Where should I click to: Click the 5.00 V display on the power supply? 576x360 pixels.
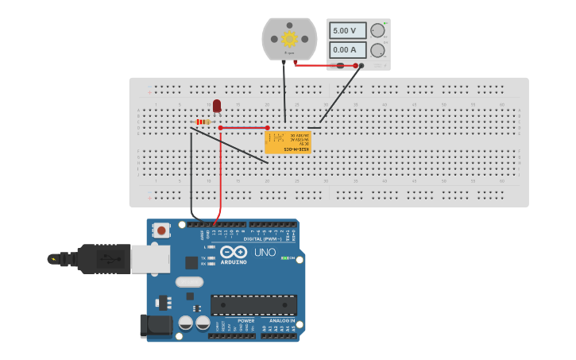click(x=347, y=30)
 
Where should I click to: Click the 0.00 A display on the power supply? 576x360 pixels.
click(x=347, y=49)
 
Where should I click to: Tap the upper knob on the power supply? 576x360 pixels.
click(x=377, y=30)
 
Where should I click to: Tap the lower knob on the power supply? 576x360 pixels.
click(x=377, y=50)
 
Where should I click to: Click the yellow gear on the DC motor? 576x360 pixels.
click(x=289, y=38)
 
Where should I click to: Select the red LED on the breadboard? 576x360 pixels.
click(x=217, y=106)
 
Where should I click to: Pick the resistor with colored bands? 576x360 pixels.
click(x=203, y=122)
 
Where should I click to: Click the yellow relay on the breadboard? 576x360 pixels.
click(x=288, y=142)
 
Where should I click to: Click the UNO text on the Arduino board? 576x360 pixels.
click(x=265, y=253)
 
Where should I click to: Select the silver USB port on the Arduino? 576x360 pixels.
click(x=150, y=258)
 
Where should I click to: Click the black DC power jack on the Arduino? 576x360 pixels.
click(x=156, y=325)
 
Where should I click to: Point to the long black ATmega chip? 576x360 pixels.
click(x=253, y=305)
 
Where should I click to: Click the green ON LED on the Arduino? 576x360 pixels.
click(x=284, y=258)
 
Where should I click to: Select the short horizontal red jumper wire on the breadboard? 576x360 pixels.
click(x=244, y=127)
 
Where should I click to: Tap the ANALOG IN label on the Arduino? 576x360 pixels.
click(x=281, y=321)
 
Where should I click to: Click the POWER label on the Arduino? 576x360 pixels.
click(x=235, y=321)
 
